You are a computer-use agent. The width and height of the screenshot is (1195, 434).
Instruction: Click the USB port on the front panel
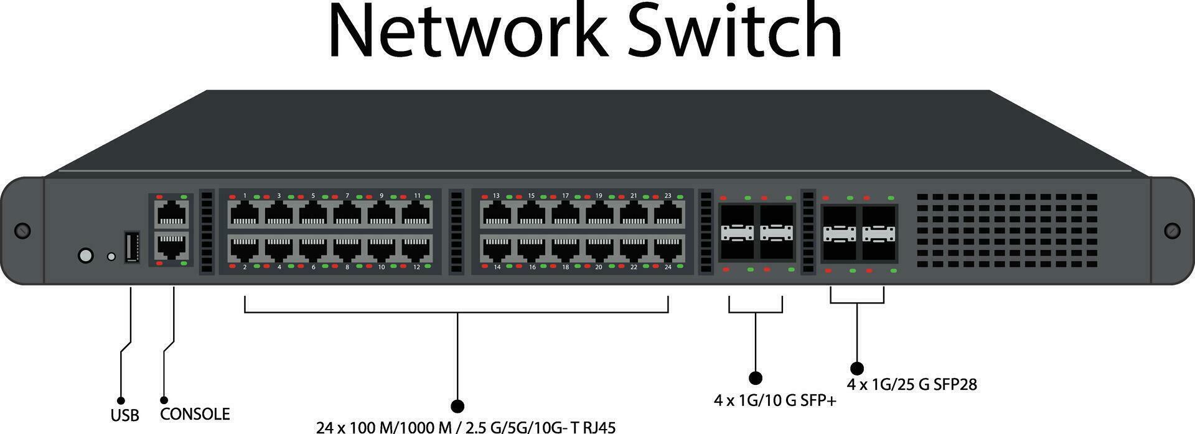tap(131, 247)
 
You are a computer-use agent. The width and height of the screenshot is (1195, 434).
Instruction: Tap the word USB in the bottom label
tap(124, 415)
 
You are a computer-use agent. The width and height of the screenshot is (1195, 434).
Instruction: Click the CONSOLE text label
tap(195, 414)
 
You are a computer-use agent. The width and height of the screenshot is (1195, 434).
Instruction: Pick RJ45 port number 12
tap(416, 249)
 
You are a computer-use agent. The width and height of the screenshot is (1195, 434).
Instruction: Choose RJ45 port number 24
tap(668, 249)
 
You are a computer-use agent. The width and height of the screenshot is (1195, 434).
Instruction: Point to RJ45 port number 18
tap(565, 249)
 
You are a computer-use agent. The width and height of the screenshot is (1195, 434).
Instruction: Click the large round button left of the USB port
tap(86, 255)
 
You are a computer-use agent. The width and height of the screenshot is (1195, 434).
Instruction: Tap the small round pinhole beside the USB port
tap(111, 256)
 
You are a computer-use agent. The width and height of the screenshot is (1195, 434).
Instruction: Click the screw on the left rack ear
tap(22, 230)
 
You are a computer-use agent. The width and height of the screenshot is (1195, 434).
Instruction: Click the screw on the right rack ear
tap(1172, 231)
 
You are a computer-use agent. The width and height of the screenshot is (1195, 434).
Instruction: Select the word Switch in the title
tap(734, 31)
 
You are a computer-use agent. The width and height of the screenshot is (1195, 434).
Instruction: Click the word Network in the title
tap(467, 31)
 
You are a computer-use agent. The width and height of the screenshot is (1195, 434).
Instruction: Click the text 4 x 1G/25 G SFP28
tap(912, 385)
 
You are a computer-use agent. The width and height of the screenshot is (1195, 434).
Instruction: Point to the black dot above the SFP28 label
tap(857, 368)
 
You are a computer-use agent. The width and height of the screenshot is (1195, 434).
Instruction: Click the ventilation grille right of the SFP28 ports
tap(1006, 230)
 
